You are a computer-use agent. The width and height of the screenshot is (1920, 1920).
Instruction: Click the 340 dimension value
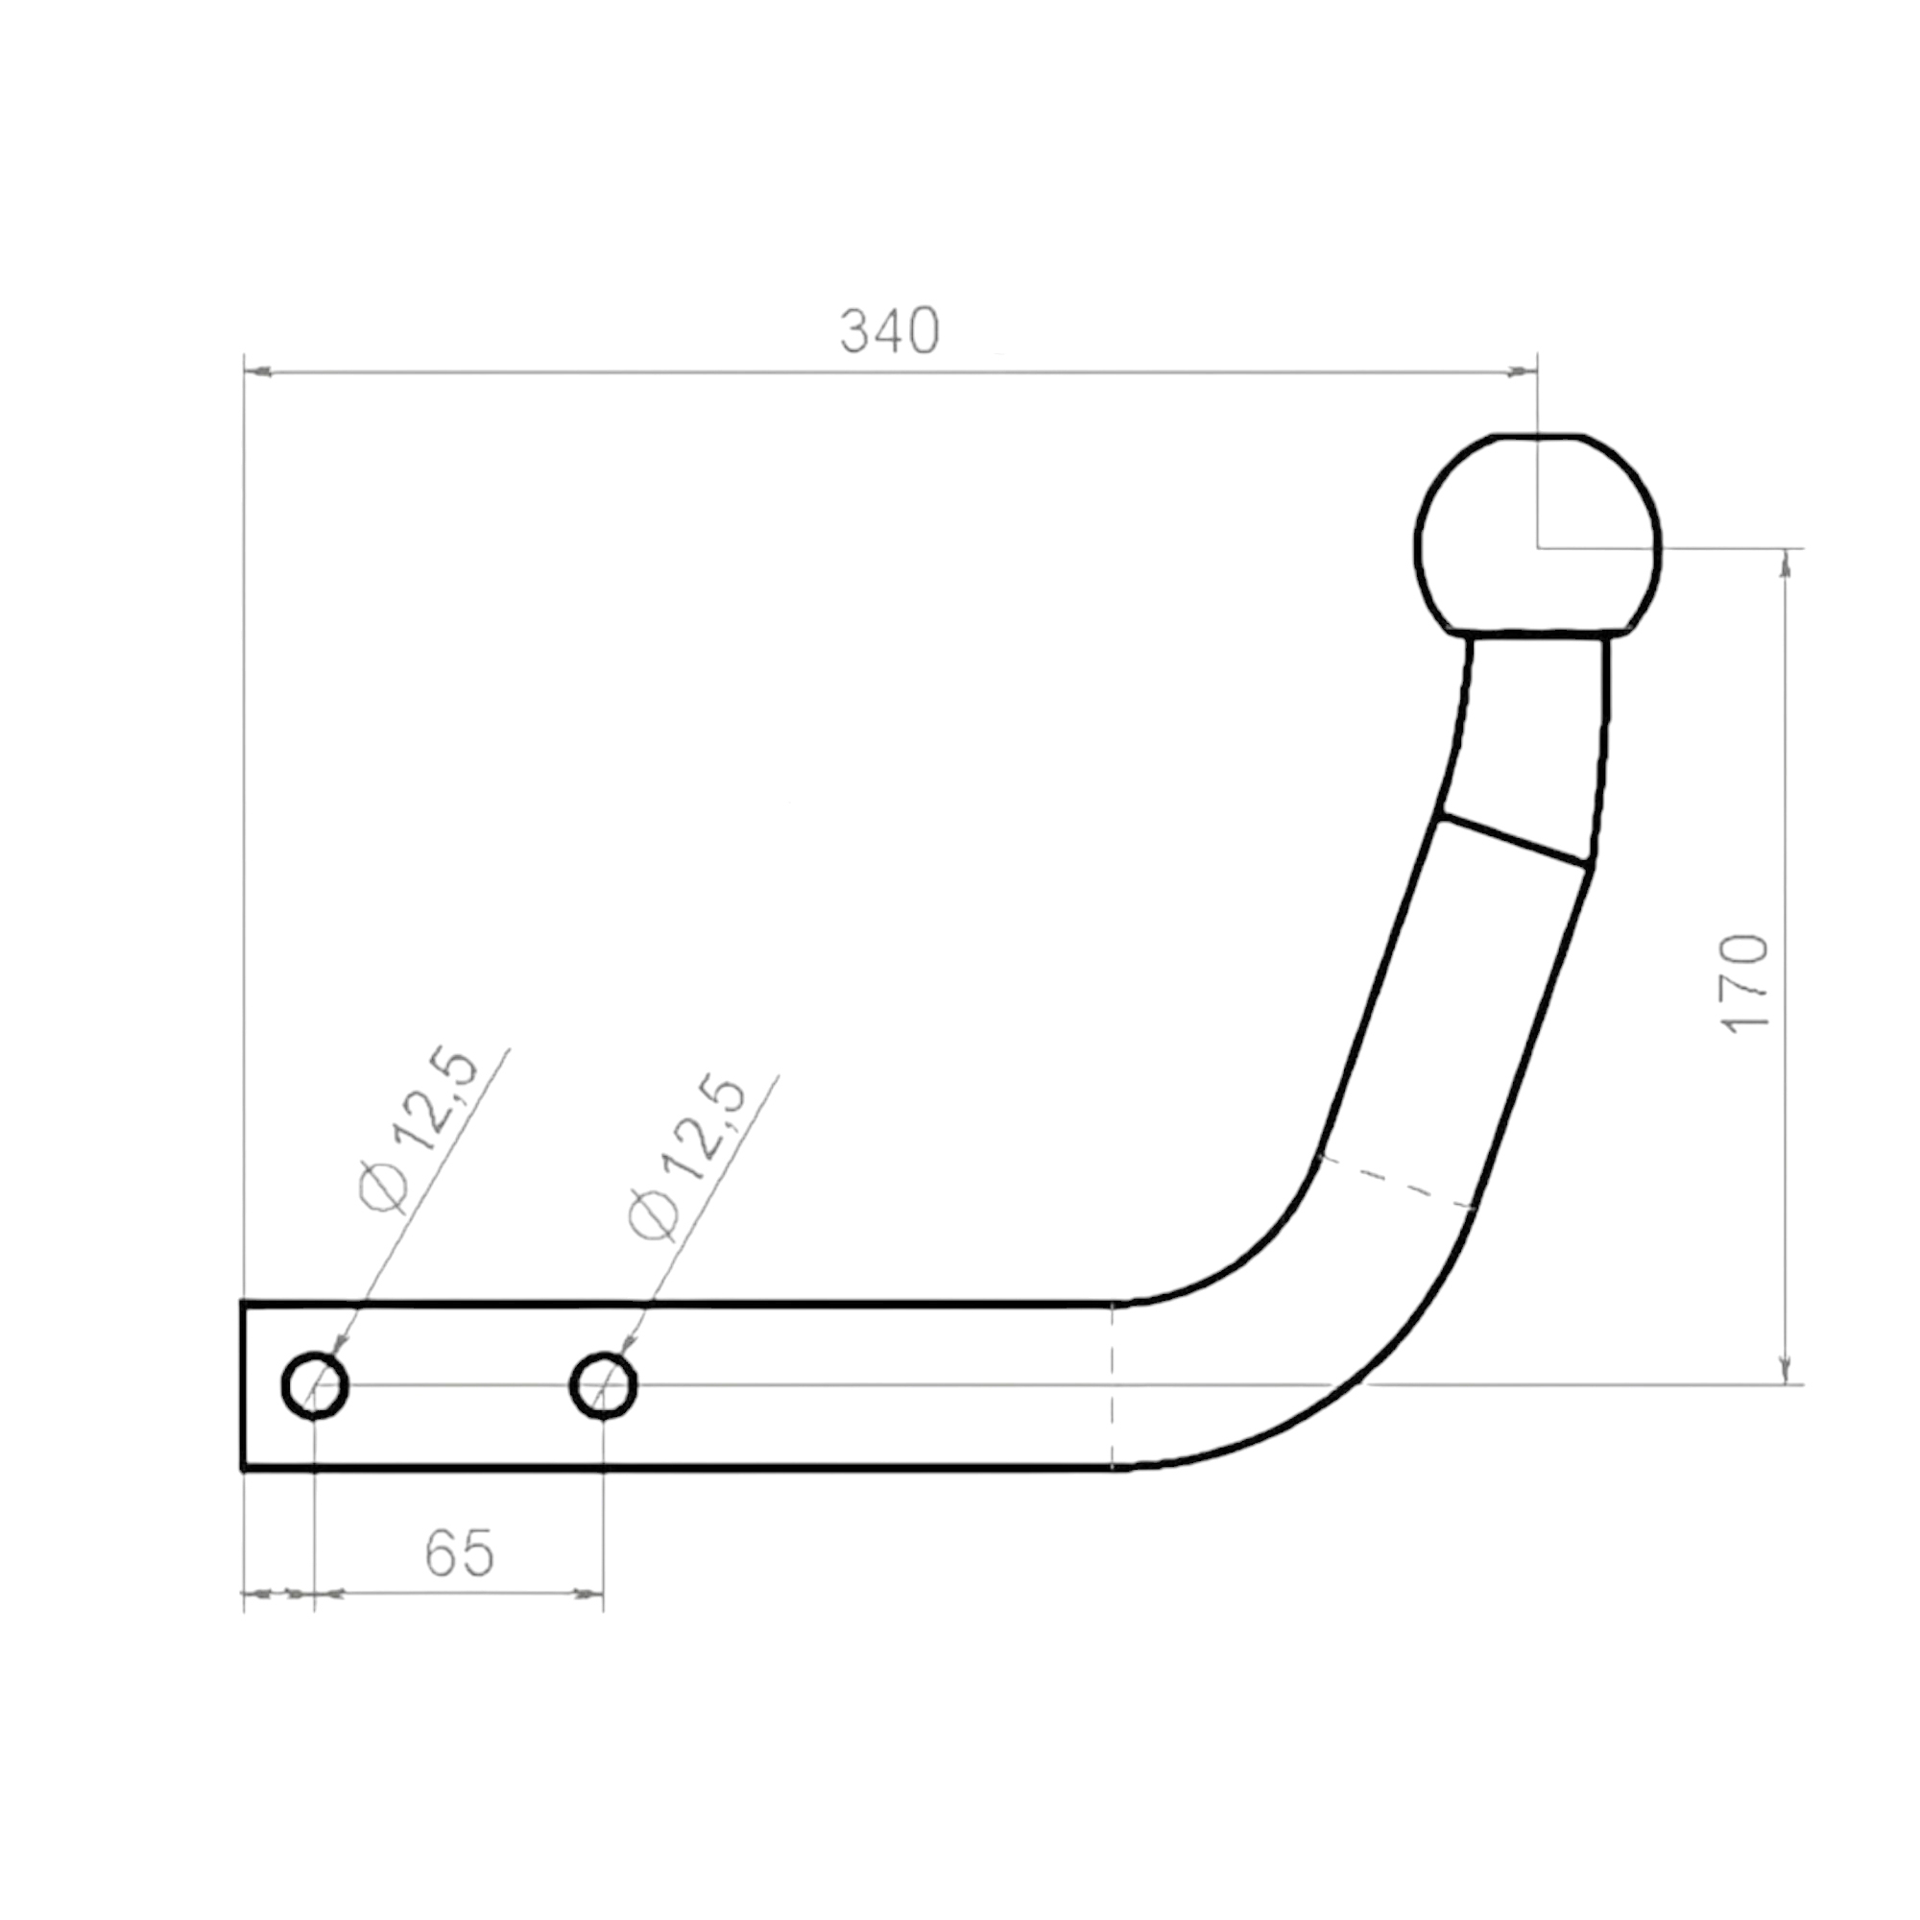[x=890, y=332]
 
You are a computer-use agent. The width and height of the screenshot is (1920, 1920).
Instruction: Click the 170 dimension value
[x=1745, y=984]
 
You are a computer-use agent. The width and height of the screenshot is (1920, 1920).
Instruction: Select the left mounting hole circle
[x=315, y=1385]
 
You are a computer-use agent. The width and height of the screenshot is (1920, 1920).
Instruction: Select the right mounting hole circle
[x=603, y=1385]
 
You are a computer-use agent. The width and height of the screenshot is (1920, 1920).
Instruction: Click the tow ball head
[x=1538, y=535]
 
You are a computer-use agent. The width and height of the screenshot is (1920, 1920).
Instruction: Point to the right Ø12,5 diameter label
[x=685, y=1157]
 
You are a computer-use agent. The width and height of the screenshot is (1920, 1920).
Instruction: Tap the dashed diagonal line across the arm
[x=1396, y=1183]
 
